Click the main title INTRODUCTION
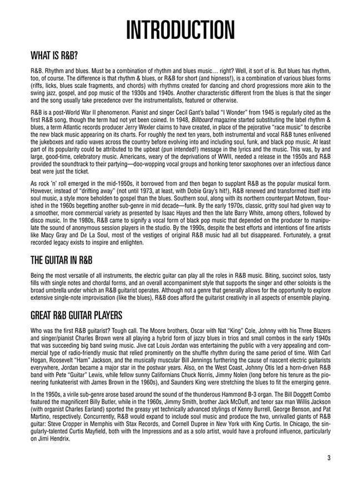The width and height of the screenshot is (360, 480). (x=180, y=31)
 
